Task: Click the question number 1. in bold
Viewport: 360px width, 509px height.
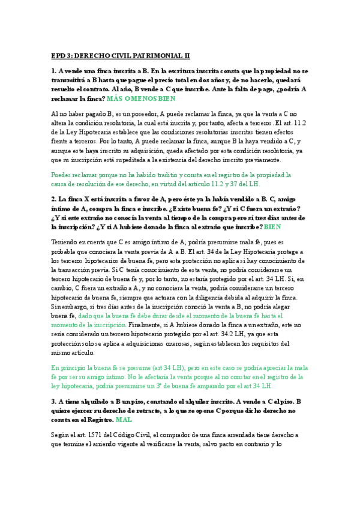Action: [55, 72]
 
